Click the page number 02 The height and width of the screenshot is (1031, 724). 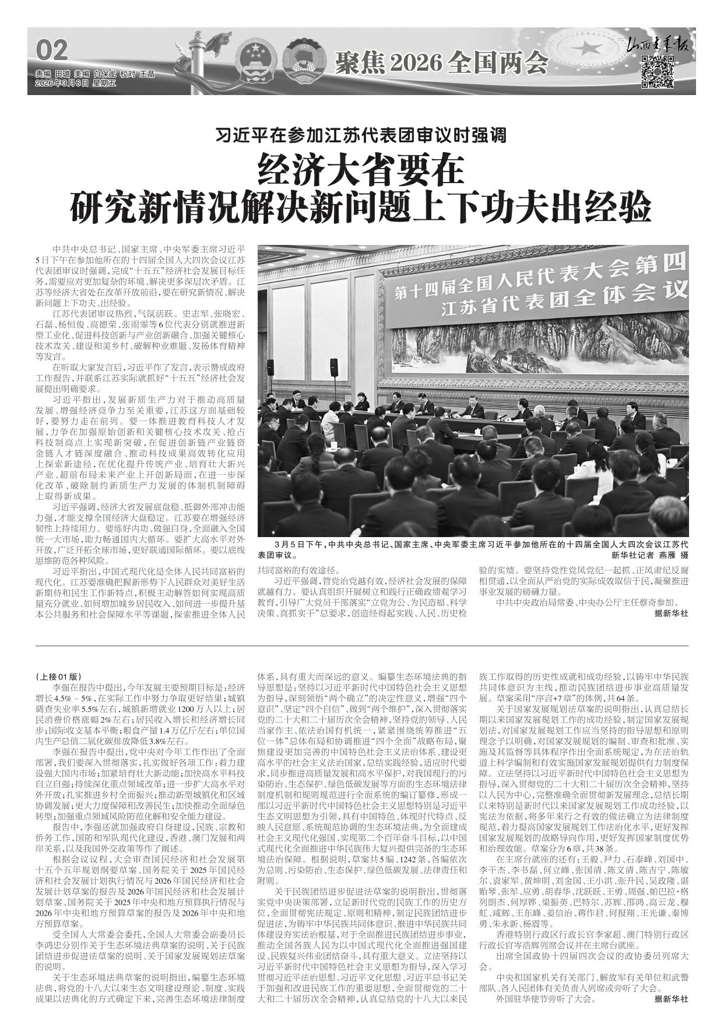(x=52, y=50)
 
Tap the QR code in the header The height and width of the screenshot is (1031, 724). (x=658, y=72)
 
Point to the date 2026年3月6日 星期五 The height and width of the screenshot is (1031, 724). (x=76, y=83)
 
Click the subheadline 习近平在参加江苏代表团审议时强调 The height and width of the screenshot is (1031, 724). (x=361, y=136)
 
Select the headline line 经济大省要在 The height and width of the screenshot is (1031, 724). (x=361, y=170)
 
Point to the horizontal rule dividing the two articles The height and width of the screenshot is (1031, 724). (x=361, y=646)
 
